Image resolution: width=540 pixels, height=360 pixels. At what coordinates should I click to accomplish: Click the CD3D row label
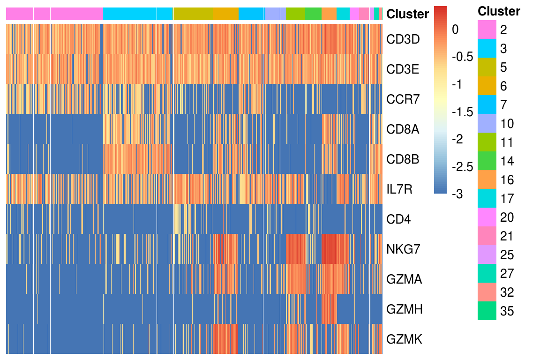[x=403, y=39]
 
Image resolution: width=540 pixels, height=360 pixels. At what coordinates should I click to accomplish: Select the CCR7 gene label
[x=403, y=99]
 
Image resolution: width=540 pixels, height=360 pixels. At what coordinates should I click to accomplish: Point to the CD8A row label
[x=403, y=129]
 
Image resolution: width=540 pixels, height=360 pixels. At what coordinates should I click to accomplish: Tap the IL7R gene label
[x=399, y=189]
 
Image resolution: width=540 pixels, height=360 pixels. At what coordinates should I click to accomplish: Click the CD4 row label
[x=398, y=219]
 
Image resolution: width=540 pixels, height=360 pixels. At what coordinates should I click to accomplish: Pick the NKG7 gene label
[x=403, y=249]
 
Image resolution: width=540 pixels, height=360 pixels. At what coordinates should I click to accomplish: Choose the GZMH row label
[x=405, y=309]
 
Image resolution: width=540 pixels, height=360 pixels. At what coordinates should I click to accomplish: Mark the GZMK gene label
[x=404, y=339]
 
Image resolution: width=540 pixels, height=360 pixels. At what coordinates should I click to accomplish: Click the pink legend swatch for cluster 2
[x=487, y=30]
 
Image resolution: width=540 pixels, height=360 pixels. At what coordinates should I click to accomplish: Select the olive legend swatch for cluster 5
[x=487, y=67]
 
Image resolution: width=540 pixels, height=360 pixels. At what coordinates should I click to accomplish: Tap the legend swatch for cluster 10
[x=487, y=123]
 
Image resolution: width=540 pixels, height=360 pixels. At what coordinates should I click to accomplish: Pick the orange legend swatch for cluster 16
[x=487, y=180]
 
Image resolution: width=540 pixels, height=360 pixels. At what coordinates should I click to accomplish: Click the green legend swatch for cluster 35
[x=487, y=311]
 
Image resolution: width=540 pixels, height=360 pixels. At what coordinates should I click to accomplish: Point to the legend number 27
[x=507, y=274]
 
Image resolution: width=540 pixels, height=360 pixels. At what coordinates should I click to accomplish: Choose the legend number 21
[x=507, y=236]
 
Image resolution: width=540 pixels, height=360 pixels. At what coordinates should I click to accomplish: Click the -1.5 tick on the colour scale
[x=463, y=112]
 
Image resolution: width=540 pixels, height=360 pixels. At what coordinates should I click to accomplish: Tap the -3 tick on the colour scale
[x=457, y=194]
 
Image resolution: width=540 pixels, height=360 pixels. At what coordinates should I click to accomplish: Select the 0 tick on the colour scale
[x=455, y=30]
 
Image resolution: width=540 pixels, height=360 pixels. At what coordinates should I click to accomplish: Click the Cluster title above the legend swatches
[x=499, y=11]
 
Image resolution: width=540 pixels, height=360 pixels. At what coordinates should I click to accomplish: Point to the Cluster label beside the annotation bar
[x=408, y=14]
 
